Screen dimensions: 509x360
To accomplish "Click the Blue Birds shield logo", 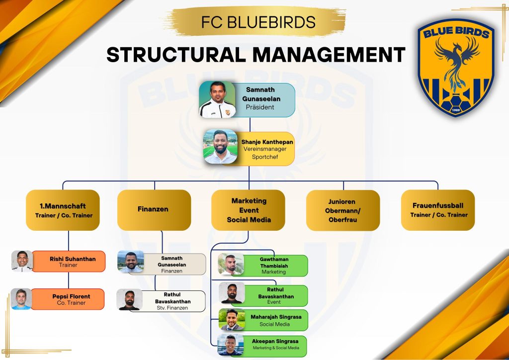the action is pyautogui.click(x=456, y=68).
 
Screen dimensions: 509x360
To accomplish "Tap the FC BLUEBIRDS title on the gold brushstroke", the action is pyautogui.click(x=258, y=22).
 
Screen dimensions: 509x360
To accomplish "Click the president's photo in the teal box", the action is pyautogui.click(x=217, y=99).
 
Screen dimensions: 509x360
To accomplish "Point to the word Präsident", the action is pyautogui.click(x=260, y=107).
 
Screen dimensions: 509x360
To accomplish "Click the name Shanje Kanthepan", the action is pyautogui.click(x=267, y=142).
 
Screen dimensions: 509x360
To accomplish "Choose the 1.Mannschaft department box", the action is pyautogui.click(x=63, y=210).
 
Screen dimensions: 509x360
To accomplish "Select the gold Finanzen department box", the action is pyautogui.click(x=154, y=210).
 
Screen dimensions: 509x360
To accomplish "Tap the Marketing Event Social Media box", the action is pyautogui.click(x=249, y=210).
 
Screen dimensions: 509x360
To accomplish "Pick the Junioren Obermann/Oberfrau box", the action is pyautogui.click(x=343, y=210).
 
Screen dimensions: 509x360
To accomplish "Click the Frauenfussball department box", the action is pyautogui.click(x=438, y=210).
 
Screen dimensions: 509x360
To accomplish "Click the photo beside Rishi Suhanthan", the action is pyautogui.click(x=22, y=261).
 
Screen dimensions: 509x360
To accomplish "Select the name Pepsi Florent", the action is pyautogui.click(x=72, y=296).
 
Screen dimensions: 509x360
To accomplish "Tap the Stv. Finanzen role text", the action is pyautogui.click(x=172, y=308).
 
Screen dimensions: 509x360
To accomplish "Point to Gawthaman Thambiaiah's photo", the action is pyautogui.click(x=231, y=264).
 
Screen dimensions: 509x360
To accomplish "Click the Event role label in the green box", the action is pyautogui.click(x=274, y=302).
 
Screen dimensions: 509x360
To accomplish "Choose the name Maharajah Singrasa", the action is pyautogui.click(x=276, y=317).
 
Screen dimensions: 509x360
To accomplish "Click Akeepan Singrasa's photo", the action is pyautogui.click(x=231, y=345).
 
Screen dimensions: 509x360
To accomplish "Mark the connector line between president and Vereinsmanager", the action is pyautogui.click(x=250, y=125).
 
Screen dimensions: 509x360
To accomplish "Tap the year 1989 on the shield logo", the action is pyautogui.click(x=456, y=110).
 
